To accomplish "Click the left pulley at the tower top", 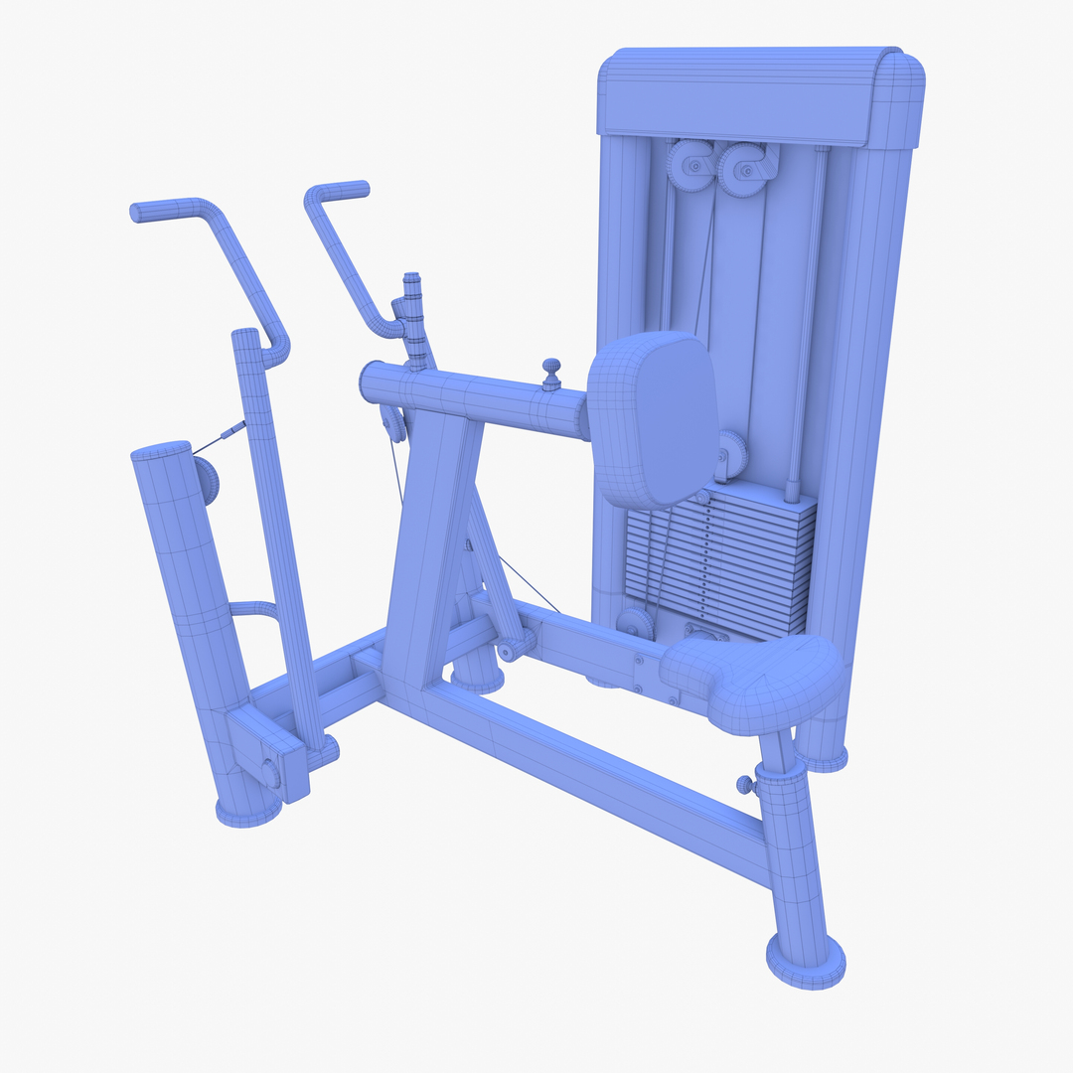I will [690, 165].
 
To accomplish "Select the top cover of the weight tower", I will [760, 94].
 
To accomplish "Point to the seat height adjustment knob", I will [744, 785].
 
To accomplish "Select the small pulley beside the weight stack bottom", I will [635, 624].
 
